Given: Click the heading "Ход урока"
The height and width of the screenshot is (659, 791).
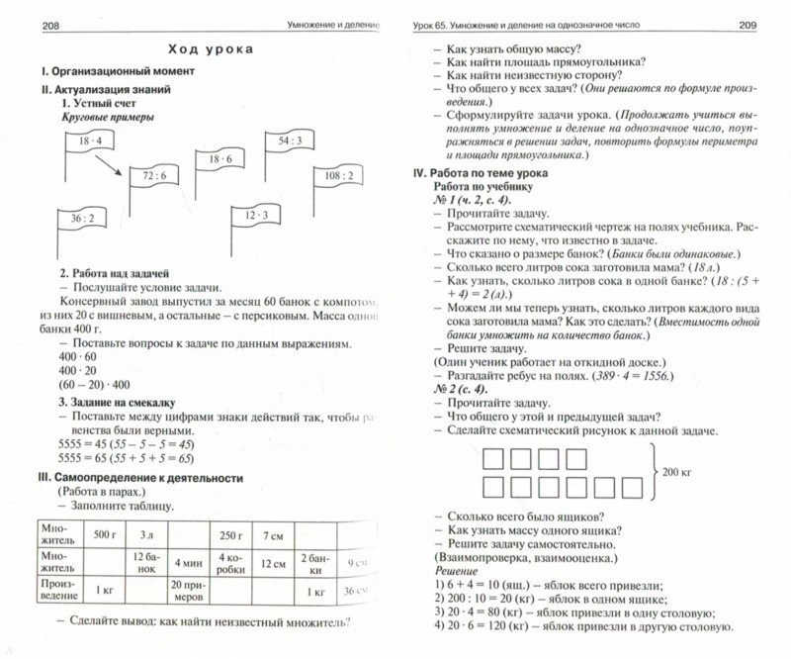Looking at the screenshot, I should (209, 48).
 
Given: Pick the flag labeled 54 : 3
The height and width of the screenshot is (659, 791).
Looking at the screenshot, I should (290, 141).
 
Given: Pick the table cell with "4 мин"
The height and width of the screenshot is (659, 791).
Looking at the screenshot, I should (190, 562).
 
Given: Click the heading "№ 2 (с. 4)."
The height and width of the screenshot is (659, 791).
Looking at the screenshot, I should (469, 390).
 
